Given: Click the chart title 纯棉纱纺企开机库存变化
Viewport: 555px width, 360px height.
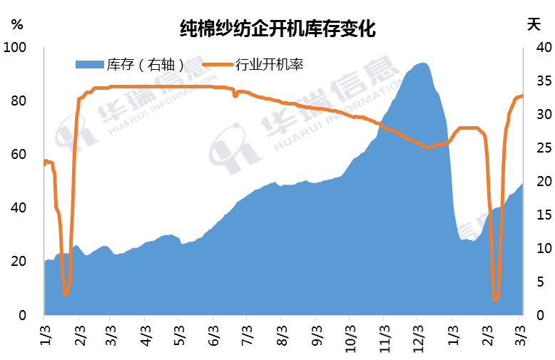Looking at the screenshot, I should point(277,29).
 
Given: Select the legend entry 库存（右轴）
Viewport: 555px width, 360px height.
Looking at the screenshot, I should point(146,66).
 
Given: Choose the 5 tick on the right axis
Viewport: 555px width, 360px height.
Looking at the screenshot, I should point(539,282).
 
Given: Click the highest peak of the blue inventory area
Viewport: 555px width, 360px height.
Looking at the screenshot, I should point(424,63).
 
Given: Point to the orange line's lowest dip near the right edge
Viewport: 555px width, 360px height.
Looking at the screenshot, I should point(495,299).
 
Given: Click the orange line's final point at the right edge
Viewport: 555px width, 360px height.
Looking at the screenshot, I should point(522,96).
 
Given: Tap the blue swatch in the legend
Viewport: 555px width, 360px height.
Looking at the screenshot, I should point(89,66).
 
